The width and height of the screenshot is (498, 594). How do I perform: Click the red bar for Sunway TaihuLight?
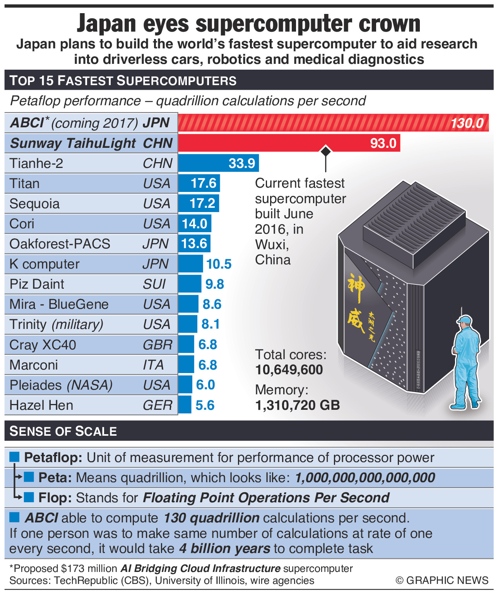pos(271,143)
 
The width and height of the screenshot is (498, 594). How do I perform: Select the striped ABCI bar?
pos(310,123)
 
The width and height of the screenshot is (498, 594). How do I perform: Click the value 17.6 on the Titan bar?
pos(204,183)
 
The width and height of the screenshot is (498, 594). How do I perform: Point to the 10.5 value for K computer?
pos(219,264)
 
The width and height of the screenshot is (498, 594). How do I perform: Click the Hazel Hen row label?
pos(41,405)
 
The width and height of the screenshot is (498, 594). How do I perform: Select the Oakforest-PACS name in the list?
pos(60,244)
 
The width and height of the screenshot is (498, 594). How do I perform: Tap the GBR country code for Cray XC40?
pos(157,345)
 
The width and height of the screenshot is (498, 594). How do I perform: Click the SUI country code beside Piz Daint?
pos(154,284)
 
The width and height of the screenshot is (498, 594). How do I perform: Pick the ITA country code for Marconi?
pos(153,365)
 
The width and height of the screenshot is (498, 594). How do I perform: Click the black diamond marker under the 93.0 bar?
pos(326,151)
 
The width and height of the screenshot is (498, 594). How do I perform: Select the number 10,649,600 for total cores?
pos(289,370)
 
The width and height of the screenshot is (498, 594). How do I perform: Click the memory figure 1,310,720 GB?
pos(297,405)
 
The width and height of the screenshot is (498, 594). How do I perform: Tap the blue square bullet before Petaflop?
pos(14,457)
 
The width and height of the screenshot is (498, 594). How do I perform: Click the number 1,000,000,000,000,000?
pos(365,478)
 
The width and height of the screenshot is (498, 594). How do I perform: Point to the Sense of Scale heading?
pos(63,431)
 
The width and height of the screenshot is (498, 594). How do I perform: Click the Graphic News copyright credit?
pos(442,580)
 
